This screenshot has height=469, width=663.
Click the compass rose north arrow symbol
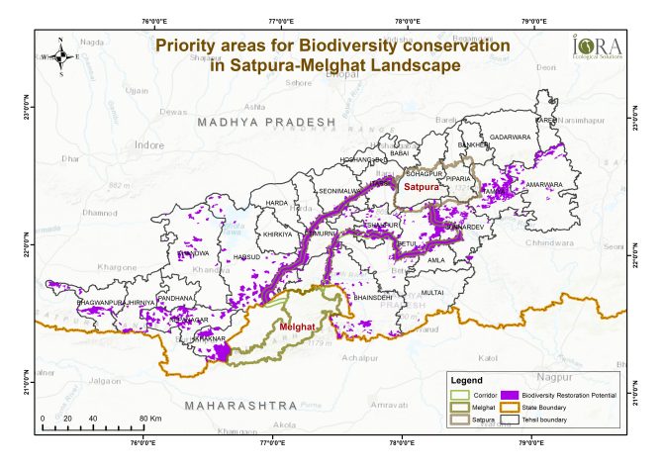(61, 56)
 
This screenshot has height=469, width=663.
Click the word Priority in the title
(191, 46)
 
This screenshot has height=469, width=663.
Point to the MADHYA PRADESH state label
(267, 121)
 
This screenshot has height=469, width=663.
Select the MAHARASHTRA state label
(246, 406)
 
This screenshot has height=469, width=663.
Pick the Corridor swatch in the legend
(457, 394)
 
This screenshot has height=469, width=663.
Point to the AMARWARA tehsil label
(543, 185)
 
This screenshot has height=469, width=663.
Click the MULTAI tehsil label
(432, 293)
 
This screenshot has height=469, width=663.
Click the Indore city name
(149, 144)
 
